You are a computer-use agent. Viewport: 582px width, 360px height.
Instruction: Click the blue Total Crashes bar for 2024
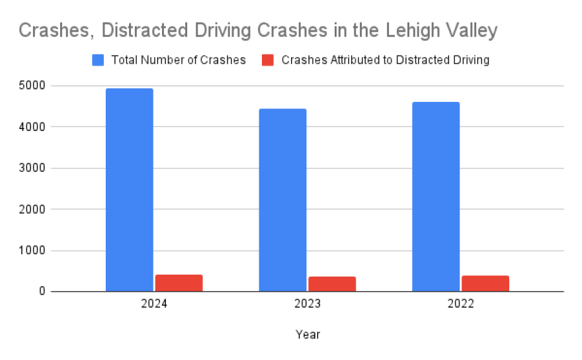coord(130,190)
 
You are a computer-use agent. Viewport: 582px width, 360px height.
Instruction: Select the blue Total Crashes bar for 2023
coord(282,200)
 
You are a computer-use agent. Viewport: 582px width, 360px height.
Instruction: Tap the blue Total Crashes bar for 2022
coord(436,197)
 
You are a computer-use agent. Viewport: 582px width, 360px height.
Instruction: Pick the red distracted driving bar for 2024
coord(179,283)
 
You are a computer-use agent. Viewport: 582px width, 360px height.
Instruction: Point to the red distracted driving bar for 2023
coord(332,284)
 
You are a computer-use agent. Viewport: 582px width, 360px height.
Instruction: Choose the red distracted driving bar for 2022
coord(485,283)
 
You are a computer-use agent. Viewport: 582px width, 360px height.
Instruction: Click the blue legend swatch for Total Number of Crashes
coord(98,60)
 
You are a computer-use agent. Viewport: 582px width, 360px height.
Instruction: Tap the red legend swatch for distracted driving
coord(268,60)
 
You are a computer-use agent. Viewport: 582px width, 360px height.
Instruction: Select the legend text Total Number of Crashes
coord(179,60)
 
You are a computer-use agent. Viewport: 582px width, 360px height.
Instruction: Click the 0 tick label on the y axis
coord(40,292)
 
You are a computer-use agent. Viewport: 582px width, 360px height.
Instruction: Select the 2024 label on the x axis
coord(154,305)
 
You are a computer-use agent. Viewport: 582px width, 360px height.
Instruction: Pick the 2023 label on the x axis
coord(308,305)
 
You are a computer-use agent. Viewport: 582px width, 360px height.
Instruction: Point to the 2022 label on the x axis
coord(460,305)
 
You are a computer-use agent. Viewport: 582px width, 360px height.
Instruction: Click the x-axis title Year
coord(308,335)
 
